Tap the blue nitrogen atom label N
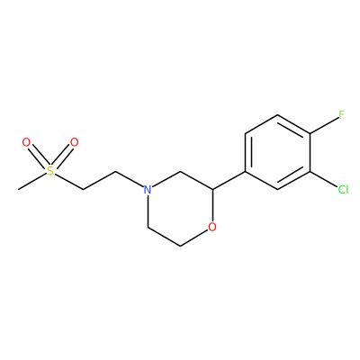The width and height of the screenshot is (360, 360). (x=147, y=190)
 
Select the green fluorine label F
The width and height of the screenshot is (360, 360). (x=341, y=114)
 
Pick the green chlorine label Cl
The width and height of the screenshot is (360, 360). (x=343, y=190)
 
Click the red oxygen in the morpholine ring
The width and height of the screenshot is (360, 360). (x=212, y=227)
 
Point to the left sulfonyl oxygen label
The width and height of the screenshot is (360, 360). (x=26, y=142)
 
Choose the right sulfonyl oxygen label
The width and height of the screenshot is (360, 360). (x=74, y=142)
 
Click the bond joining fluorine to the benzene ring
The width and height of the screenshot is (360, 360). (x=324, y=124)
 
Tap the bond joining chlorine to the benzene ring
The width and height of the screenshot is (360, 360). (x=323, y=179)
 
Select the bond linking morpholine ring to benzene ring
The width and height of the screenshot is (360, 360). (x=229, y=180)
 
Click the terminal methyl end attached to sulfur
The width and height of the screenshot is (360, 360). (x=19, y=189)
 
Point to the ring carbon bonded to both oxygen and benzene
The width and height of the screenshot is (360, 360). (x=212, y=190)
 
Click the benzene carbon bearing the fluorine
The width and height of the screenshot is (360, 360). (x=310, y=133)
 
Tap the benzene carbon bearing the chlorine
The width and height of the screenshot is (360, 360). (x=310, y=171)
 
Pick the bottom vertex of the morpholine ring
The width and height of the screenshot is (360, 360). (x=180, y=246)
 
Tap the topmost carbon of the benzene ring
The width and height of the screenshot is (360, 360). (x=278, y=115)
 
